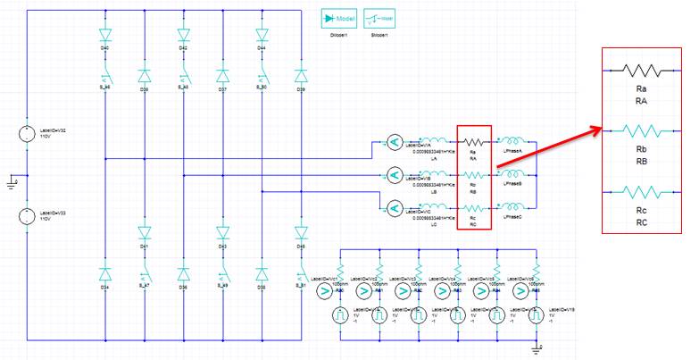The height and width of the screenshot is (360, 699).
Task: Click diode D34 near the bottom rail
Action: click(x=105, y=273)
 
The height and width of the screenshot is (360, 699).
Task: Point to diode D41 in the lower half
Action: click(x=145, y=233)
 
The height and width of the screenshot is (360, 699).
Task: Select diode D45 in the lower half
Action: click(x=301, y=233)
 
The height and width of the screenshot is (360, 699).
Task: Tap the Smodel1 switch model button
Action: click(x=380, y=19)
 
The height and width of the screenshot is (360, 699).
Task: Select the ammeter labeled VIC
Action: click(x=394, y=208)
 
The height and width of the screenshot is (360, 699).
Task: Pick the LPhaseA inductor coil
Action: click(x=512, y=141)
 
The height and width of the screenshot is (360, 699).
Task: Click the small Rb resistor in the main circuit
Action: click(x=474, y=175)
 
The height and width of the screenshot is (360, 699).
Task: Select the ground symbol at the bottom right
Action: click(x=536, y=347)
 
